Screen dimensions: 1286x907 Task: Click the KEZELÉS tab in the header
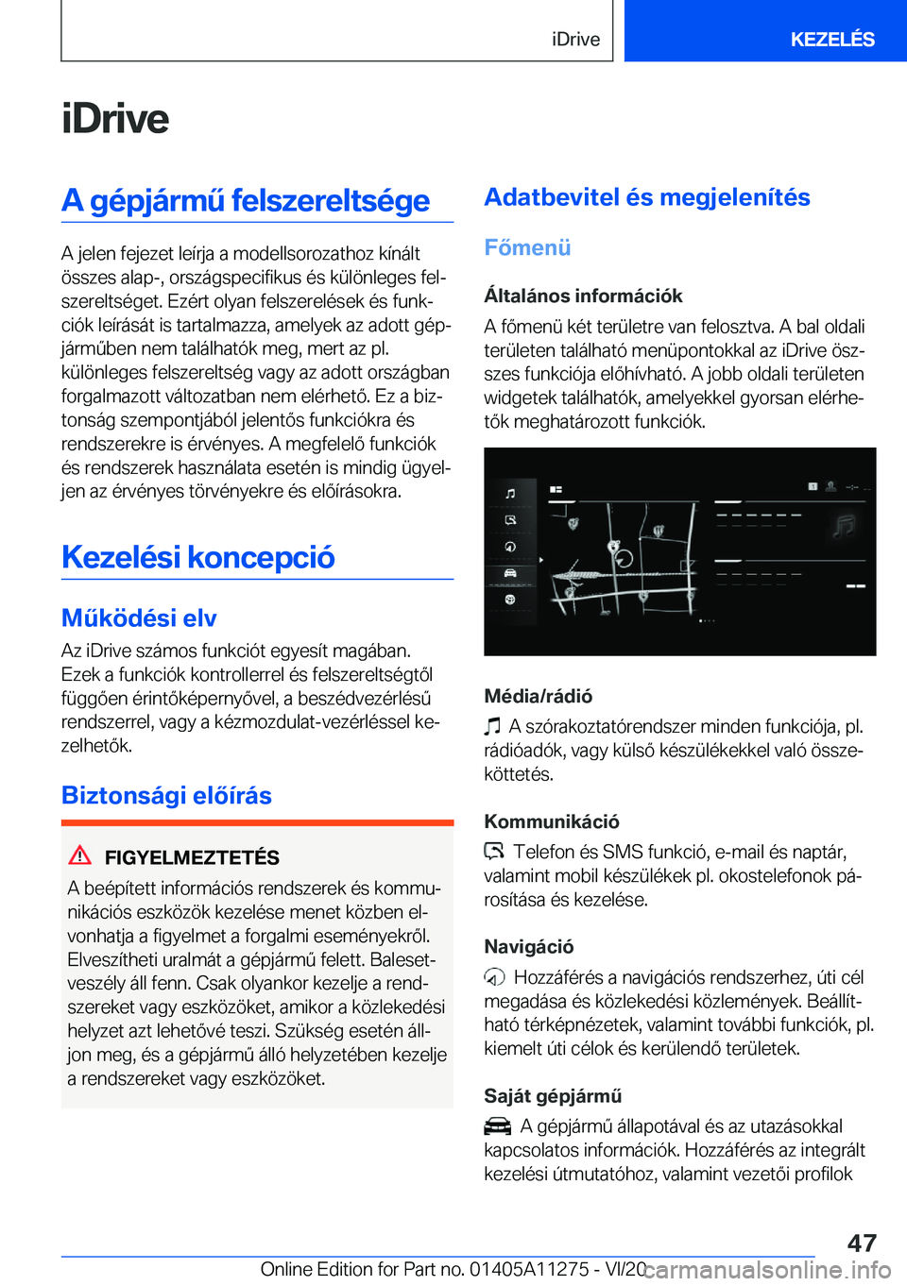tap(831, 39)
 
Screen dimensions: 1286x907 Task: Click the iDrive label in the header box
tap(575, 39)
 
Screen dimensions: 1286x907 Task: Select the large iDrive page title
tap(115, 119)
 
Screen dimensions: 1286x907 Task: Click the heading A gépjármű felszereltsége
tap(246, 200)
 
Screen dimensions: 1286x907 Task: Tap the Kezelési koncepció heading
tap(198, 557)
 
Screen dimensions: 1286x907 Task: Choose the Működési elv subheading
tap(139, 618)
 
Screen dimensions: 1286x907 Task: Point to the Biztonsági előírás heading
tap(166, 795)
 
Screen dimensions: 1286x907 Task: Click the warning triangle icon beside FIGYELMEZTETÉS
tap(80, 855)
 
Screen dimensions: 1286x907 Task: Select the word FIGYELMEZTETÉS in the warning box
tap(192, 857)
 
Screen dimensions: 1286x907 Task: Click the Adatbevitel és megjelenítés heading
tap(647, 197)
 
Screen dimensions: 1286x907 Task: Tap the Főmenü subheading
tap(527, 247)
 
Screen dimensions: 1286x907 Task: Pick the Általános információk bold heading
tap(583, 296)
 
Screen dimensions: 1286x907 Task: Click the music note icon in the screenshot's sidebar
tap(510, 493)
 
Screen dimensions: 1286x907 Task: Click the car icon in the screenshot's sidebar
tap(510, 573)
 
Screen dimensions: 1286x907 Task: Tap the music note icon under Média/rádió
tap(492, 726)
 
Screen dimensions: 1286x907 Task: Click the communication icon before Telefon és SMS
tap(494, 852)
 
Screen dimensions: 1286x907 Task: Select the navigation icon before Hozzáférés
tap(494, 977)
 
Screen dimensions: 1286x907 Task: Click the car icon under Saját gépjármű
tap(497, 1126)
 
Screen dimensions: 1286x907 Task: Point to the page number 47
tap(861, 1243)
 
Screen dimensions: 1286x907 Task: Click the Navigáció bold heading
tap(528, 946)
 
